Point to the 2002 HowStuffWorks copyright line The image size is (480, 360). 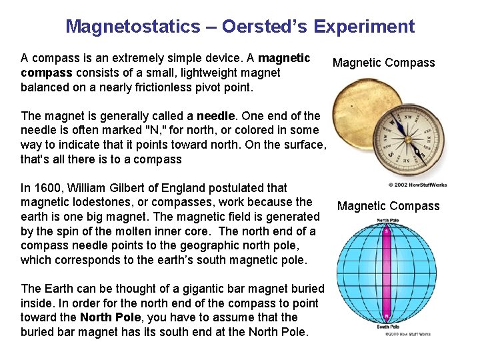tap(417, 185)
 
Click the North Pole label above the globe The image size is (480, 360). tap(388, 220)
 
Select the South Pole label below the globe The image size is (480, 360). tap(387, 327)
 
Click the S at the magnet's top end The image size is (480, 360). tap(386, 233)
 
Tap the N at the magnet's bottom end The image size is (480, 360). tap(386, 316)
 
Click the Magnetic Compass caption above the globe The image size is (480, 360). tap(388, 206)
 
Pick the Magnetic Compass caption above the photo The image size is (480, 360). tap(383, 63)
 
